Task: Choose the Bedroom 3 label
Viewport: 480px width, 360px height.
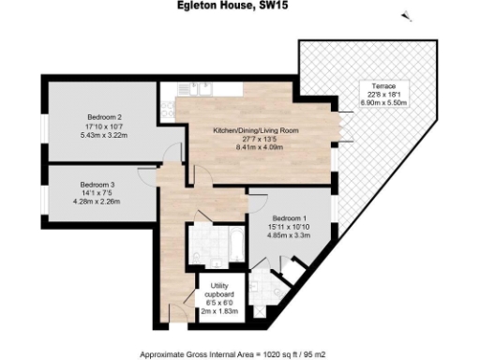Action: [x=98, y=184]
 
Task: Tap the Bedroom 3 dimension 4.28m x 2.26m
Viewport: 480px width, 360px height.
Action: [x=98, y=201]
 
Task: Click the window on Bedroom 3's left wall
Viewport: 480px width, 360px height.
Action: [x=43, y=192]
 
